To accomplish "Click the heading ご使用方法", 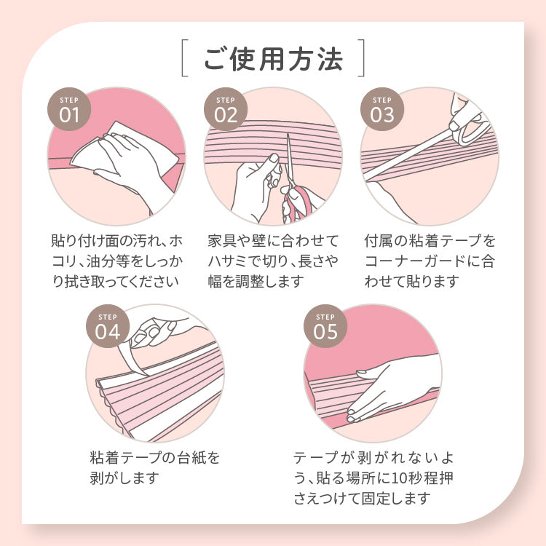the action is click(273, 59).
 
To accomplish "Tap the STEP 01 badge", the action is click(69, 109).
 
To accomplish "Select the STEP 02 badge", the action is click(226, 109).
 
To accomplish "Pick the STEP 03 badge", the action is click(382, 109).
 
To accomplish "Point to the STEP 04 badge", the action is click(108, 326).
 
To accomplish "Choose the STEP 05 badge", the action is click(325, 326).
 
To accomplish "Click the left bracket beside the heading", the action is click(185, 58).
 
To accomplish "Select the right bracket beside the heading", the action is click(361, 58).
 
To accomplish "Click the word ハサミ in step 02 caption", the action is click(229, 261).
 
